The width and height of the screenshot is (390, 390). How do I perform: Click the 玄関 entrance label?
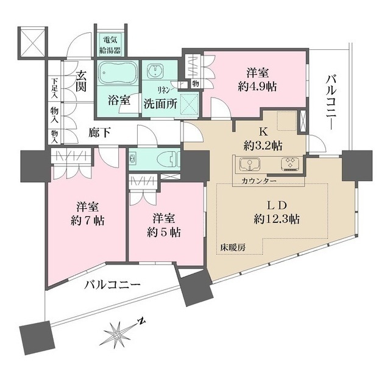(80, 82)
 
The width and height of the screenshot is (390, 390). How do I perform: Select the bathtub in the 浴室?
(117, 76)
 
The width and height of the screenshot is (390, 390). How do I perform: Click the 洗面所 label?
(160, 103)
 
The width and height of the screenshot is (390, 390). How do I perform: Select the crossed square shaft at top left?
(32, 41)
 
